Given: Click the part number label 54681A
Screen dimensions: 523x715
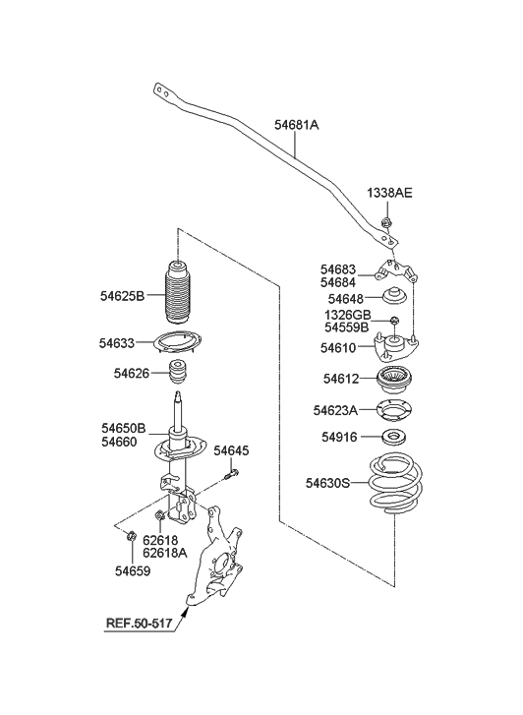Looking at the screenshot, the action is [x=296, y=125].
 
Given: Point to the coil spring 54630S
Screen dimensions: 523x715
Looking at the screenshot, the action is [x=395, y=483].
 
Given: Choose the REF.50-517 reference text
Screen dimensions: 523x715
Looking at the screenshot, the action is [x=140, y=623].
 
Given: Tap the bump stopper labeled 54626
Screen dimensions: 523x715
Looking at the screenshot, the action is [x=178, y=373].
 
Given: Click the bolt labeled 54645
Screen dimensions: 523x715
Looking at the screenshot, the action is [x=232, y=474].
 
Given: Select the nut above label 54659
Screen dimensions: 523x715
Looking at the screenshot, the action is [x=131, y=535].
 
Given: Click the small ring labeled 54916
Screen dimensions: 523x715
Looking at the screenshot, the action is [x=394, y=438].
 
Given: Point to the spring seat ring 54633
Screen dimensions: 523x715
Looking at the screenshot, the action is [x=178, y=343].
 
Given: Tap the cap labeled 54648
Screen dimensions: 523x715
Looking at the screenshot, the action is [x=394, y=296].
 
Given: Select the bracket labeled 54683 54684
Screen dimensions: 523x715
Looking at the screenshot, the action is [x=396, y=271].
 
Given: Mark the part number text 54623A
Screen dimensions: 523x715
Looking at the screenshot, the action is [x=335, y=411].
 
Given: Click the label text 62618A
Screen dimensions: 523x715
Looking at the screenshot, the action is [x=164, y=553].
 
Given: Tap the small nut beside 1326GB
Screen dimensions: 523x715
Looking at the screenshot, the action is [x=395, y=320].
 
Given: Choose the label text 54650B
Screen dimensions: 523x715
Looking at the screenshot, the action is [x=124, y=428].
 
